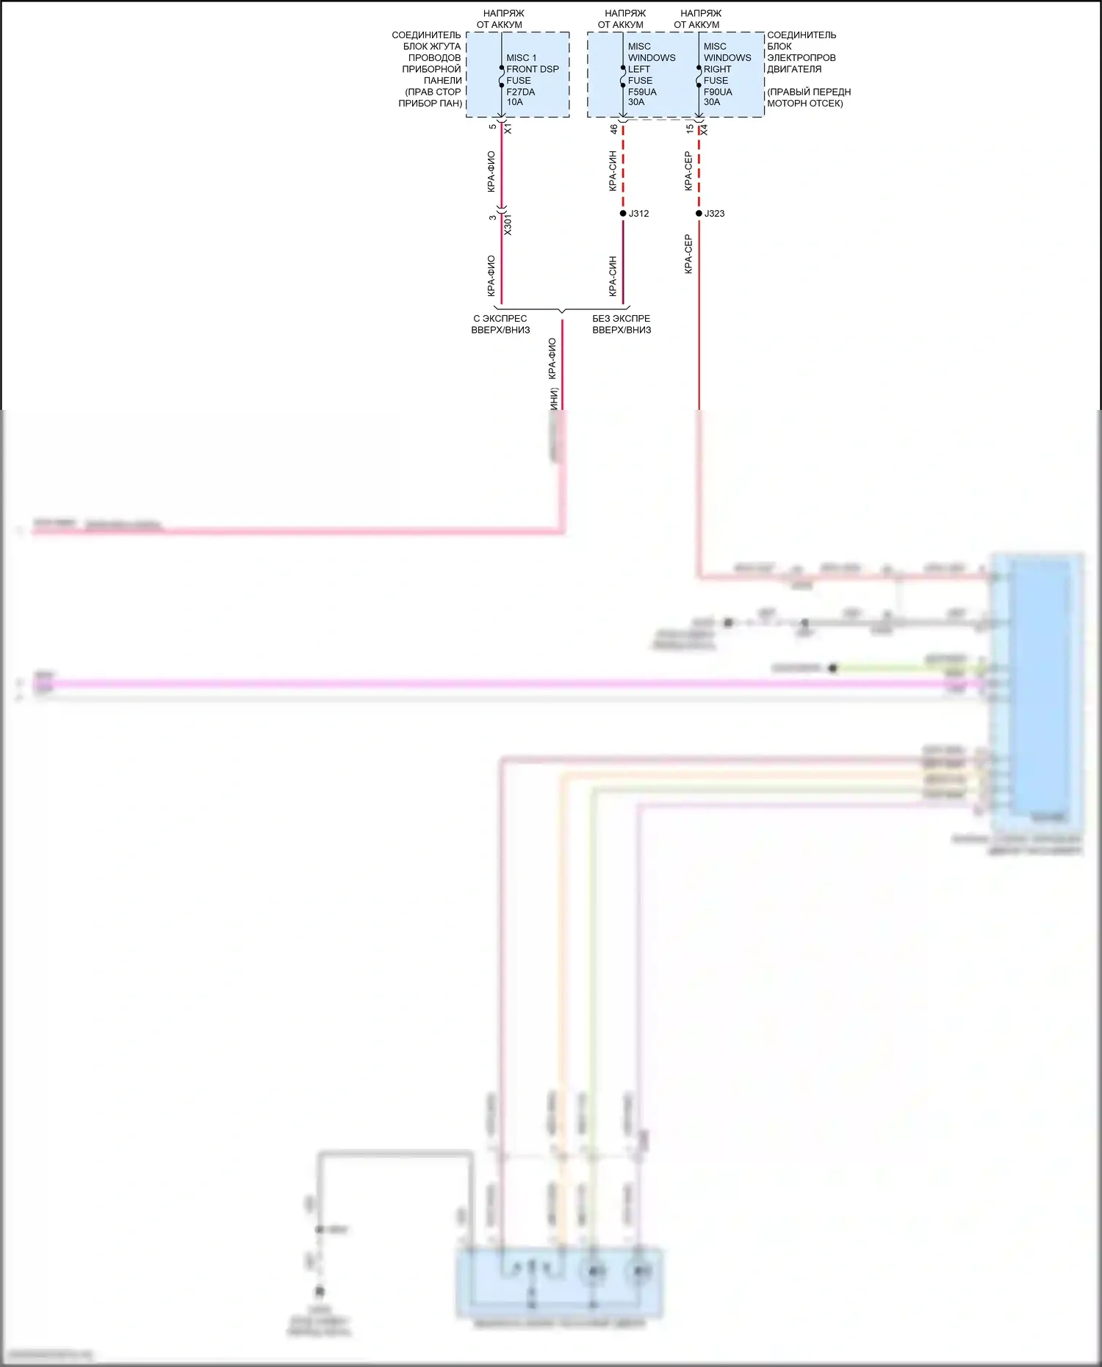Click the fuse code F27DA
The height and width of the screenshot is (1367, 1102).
pos(520,92)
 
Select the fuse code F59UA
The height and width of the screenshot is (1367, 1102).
pos(641,92)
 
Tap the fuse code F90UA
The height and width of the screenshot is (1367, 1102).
pos(717,92)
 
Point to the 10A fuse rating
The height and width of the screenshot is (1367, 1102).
pos(514,102)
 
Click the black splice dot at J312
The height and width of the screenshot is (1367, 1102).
pos(623,214)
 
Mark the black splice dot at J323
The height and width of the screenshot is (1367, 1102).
pos(699,214)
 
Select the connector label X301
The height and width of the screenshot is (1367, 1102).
pos(508,226)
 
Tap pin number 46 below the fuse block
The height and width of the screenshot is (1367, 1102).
pos(613,129)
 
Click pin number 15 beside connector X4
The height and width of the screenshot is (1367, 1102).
pos(689,129)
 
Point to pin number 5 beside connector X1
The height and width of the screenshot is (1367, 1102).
pos(492,127)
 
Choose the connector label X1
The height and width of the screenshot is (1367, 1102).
pos(508,129)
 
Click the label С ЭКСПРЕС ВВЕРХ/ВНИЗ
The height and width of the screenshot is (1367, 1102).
pos(500,324)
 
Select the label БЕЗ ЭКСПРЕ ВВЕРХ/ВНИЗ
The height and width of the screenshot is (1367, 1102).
pos(622,324)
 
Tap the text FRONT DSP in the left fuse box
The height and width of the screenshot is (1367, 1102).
pos(532,69)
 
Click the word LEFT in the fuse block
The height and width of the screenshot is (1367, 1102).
pos(638,69)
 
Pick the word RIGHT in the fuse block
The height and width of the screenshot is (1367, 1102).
pos(717,69)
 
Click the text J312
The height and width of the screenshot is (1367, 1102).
pos(638,214)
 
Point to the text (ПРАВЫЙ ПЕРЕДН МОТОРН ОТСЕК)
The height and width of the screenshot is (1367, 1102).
pos(808,98)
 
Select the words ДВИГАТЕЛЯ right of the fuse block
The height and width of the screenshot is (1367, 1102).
pos(794,69)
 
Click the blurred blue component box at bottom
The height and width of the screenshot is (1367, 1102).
pos(560,1282)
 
